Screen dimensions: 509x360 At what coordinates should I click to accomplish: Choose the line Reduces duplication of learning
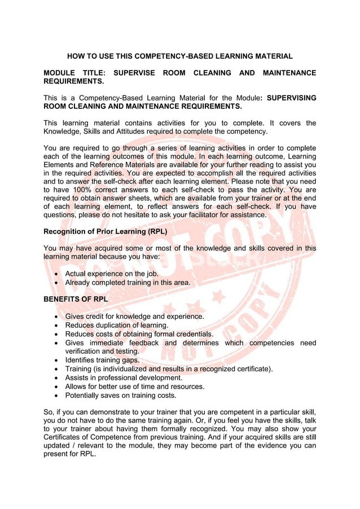click(x=117, y=324)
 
